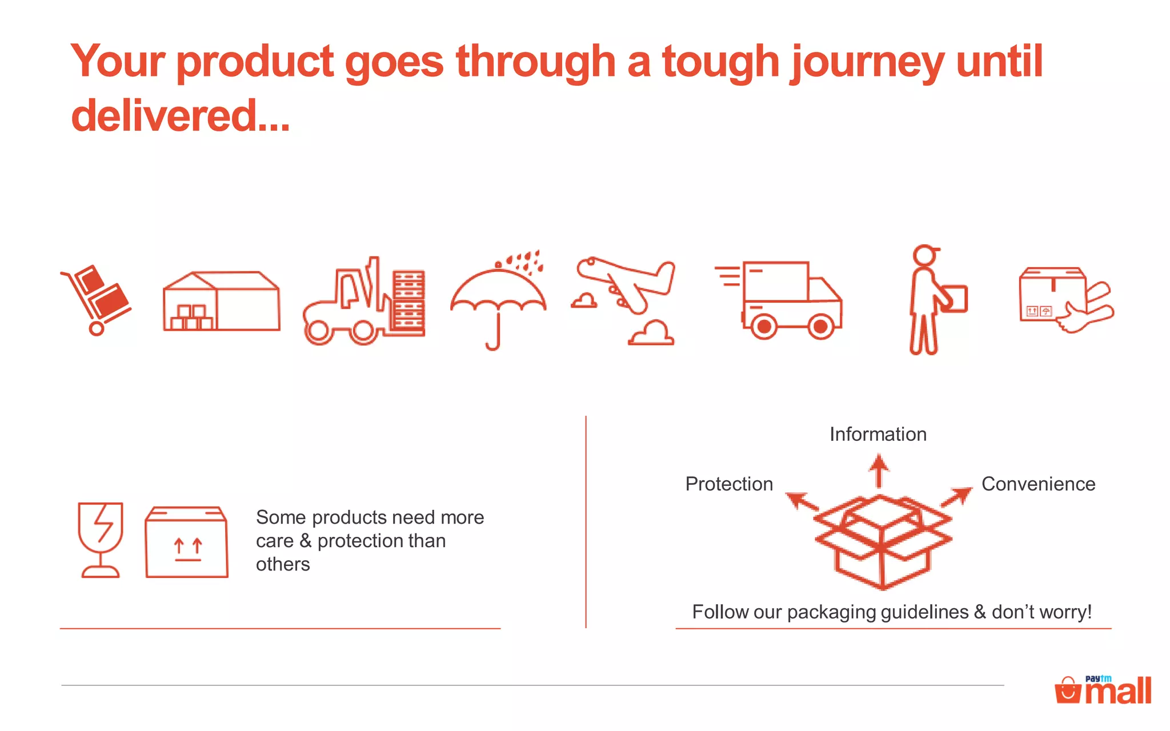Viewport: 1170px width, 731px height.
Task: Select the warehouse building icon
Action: click(x=222, y=302)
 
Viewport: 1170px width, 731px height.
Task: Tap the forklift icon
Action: click(x=364, y=302)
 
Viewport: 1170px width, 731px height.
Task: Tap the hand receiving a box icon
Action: click(x=1066, y=300)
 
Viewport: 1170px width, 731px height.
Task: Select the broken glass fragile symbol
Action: click(x=101, y=540)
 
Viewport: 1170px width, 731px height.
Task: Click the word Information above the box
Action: click(x=877, y=435)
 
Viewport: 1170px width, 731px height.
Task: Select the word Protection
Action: click(x=729, y=484)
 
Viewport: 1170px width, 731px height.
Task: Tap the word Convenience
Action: click(x=1038, y=484)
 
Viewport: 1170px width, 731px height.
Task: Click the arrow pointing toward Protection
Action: click(x=801, y=501)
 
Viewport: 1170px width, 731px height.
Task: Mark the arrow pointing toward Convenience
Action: click(x=957, y=496)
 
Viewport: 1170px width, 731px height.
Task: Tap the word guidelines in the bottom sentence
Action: click(x=924, y=612)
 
